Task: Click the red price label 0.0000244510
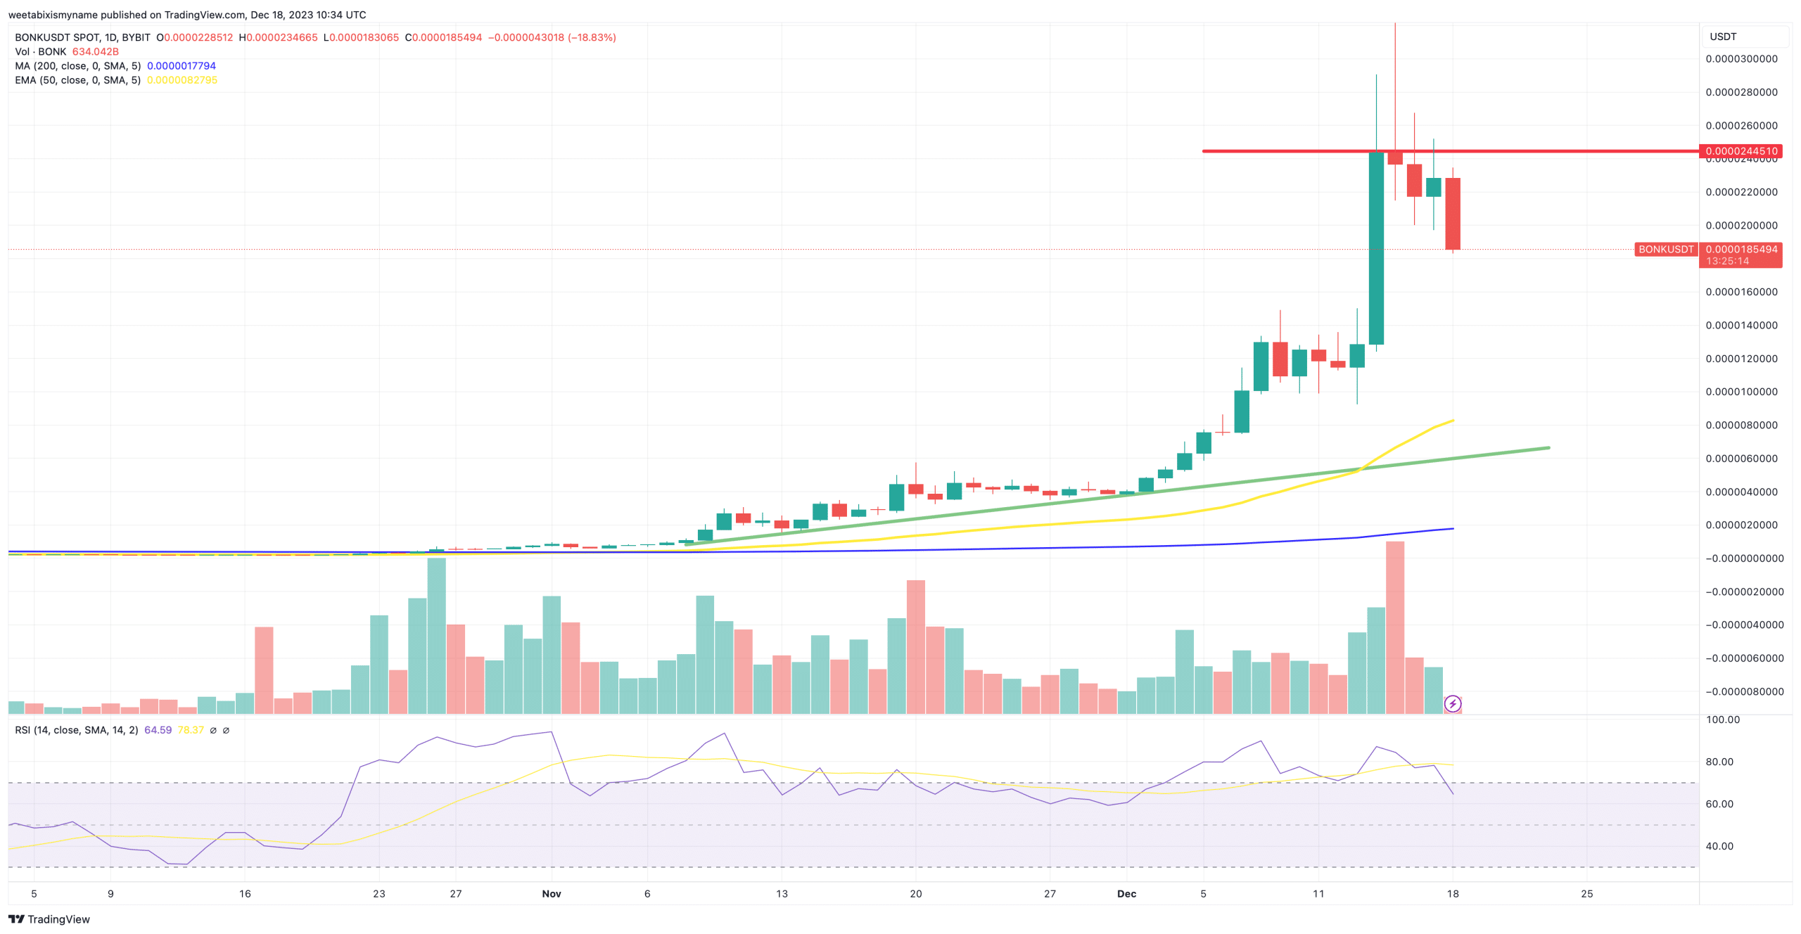1740,151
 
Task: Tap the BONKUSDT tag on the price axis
1665,250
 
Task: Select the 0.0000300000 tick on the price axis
1740,59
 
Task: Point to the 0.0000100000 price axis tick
1740,392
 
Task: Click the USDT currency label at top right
1723,37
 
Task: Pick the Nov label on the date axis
552,894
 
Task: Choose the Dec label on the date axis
1126,894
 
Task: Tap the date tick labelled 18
1453,894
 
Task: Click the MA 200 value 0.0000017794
181,66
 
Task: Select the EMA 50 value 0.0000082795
182,80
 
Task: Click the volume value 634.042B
95,52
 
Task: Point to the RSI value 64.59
158,730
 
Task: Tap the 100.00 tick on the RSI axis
1723,719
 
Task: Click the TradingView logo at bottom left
49,919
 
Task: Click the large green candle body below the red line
1376,248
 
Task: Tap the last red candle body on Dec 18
1453,213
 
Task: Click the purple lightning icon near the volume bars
1453,704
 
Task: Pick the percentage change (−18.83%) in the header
592,37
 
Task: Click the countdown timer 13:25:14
1727,261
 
